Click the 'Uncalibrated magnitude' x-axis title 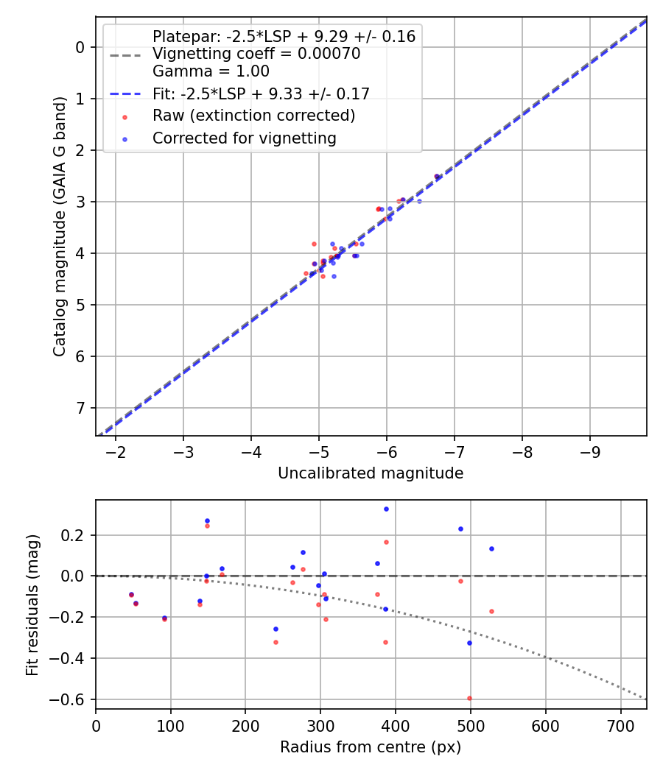[x=371, y=473]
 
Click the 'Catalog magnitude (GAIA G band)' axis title [x=60, y=226]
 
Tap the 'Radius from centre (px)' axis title [x=371, y=747]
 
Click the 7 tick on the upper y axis [x=81, y=408]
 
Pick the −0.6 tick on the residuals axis [x=74, y=699]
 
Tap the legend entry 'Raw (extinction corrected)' [x=253, y=116]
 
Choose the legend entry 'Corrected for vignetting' [x=244, y=138]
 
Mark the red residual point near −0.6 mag [x=469, y=698]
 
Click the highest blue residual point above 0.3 [x=386, y=509]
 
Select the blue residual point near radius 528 [x=491, y=548]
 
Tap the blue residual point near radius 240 [x=276, y=629]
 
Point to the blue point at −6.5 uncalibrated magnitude [x=419, y=201]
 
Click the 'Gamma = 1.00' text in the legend [x=211, y=71]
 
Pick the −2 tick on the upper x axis [x=116, y=451]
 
